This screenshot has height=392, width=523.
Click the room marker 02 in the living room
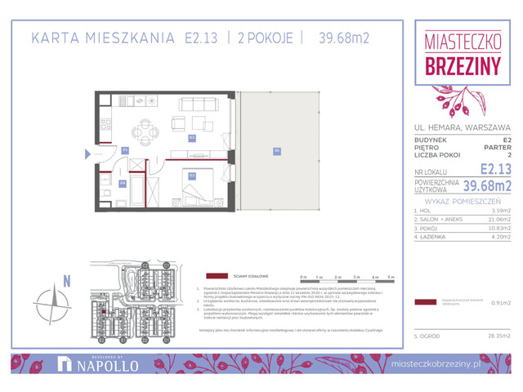[x=192, y=138]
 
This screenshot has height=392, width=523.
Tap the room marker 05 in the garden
[x=277, y=149]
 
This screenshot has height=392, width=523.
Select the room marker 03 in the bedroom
[x=192, y=175]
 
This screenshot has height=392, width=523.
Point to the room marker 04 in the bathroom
[x=123, y=183]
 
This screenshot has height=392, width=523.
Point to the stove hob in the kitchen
[x=105, y=126]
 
